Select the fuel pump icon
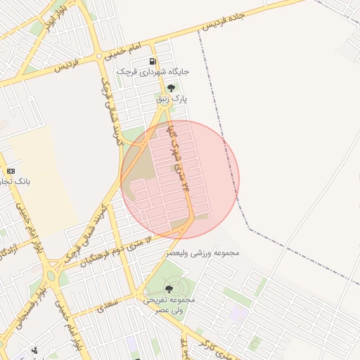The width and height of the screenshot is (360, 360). coord(153,61)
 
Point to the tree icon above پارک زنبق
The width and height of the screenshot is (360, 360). coord(171,88)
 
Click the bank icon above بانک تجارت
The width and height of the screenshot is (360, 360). coord(11,171)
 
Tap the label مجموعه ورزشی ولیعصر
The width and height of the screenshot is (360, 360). coord(203,252)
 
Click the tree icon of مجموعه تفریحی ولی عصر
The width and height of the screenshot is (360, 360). coord(169,288)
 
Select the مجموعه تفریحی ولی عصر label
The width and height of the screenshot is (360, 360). coord(169,304)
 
